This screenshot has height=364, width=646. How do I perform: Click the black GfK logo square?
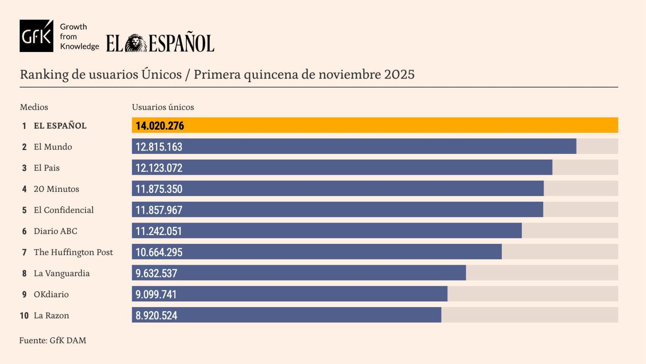click(x=36, y=36)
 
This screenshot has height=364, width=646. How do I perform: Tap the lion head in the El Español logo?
click(x=136, y=43)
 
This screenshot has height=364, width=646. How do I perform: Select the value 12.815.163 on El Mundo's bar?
click(x=159, y=147)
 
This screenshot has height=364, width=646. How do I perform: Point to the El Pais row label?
click(x=47, y=168)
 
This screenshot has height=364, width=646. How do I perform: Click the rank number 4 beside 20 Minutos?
click(x=24, y=189)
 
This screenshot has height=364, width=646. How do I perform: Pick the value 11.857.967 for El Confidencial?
click(x=159, y=210)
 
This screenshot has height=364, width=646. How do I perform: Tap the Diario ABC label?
click(x=55, y=231)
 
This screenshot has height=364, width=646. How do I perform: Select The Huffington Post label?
click(x=73, y=252)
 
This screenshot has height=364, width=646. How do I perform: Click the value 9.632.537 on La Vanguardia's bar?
click(x=156, y=273)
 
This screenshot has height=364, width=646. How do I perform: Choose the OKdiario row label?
click(x=51, y=294)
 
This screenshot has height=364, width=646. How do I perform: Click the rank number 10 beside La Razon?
click(x=24, y=315)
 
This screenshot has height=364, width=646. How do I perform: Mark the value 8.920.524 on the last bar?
click(x=156, y=315)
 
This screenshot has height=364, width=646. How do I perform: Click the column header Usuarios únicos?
click(x=163, y=107)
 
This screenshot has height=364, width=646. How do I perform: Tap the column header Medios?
click(x=34, y=107)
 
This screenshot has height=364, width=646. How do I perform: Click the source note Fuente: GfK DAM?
click(x=53, y=340)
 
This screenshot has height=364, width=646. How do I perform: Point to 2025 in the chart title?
click(x=399, y=74)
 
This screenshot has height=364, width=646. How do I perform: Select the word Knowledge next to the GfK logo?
click(x=79, y=46)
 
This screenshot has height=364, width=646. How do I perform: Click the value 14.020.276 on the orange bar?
click(x=159, y=126)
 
